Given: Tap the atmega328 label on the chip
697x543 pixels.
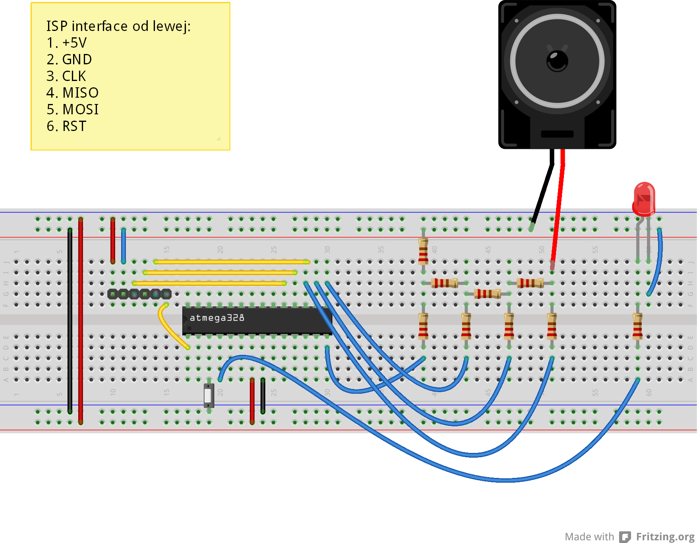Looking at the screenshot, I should [217, 318].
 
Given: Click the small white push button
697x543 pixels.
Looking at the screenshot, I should [209, 395].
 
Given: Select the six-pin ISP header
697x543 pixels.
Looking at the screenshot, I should [139, 294].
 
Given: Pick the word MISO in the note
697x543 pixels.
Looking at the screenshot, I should [81, 93].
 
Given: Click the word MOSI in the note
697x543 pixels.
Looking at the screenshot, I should [81, 110].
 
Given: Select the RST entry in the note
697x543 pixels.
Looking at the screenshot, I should [74, 126].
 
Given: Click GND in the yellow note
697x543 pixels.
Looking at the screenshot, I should [77, 60].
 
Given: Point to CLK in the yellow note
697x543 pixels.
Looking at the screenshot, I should [74, 76].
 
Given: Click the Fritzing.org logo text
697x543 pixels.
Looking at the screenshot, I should [665, 537].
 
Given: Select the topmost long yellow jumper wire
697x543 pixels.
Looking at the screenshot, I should [232, 262].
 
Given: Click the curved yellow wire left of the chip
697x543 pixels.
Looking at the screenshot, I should [169, 327].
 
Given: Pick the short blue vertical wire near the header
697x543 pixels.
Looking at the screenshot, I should [124, 246].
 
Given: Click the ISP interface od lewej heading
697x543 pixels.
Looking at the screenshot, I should [118, 26].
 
